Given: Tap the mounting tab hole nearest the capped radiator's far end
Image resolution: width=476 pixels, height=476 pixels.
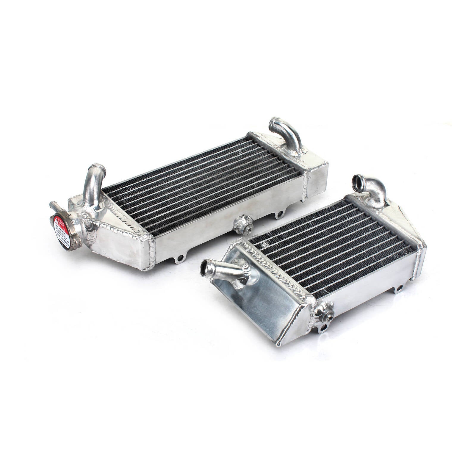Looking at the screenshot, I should click(279, 214).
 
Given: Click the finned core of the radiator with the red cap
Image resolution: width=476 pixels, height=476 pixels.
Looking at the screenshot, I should click(202, 184).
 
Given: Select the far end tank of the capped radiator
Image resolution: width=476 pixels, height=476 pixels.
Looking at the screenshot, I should click(315, 173).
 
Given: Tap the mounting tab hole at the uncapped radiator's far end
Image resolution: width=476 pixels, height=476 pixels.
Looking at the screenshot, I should click(399, 288).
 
